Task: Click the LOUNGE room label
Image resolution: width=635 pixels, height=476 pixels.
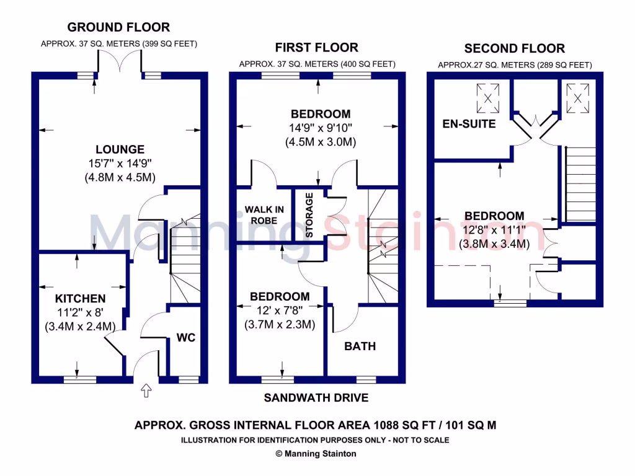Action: (x=120, y=149)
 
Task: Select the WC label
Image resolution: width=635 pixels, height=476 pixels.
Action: (x=186, y=338)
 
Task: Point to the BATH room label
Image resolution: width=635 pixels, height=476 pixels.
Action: (x=360, y=346)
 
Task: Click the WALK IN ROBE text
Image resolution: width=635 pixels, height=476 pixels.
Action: (x=264, y=214)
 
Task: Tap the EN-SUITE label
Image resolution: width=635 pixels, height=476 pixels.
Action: (x=469, y=124)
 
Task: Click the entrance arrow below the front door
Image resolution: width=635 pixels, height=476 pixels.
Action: (x=146, y=390)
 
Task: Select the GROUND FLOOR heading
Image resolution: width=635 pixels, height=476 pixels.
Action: (x=118, y=27)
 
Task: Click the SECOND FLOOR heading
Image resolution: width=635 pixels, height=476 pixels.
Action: (x=515, y=48)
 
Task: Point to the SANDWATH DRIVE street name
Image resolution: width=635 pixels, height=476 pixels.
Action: (x=317, y=397)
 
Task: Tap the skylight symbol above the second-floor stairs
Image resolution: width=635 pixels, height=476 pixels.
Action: (x=577, y=97)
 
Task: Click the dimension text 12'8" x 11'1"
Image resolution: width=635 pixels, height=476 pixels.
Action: (x=494, y=230)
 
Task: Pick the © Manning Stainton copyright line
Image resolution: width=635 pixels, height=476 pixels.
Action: (x=316, y=454)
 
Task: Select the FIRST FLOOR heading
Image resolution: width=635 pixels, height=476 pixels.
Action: (x=317, y=47)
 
